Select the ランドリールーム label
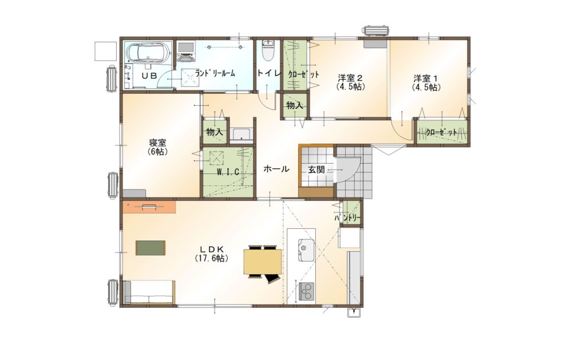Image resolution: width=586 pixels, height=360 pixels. click(215, 73)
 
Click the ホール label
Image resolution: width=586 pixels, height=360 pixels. click(276, 169)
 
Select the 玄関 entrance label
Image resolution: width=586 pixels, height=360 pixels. click(316, 169)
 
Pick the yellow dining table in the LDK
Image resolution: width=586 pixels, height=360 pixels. click(263, 263)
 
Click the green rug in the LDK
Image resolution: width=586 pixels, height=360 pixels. click(151, 247)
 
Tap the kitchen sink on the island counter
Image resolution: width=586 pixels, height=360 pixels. click(304, 250)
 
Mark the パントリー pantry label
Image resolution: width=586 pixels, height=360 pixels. click(348, 219)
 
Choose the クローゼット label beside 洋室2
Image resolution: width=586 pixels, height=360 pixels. click(295, 74)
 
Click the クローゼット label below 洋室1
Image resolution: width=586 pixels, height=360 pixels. click(442, 133)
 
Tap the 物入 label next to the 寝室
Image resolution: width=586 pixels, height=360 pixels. click(215, 133)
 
